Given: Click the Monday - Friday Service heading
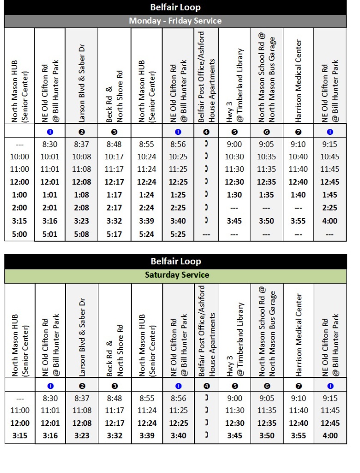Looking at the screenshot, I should [175, 21].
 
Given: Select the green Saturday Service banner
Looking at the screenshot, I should [175, 275].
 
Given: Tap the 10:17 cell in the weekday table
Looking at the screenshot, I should [114, 156].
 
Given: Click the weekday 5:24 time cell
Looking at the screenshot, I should [146, 234].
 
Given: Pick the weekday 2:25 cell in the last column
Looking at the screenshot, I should [330, 208].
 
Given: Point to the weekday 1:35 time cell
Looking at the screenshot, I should [267, 195].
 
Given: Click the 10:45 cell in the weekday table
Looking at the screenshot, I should [330, 156].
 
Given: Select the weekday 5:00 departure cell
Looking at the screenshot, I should [19, 234].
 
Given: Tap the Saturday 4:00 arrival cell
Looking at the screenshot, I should [330, 436].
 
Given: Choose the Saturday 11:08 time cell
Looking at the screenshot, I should [82, 410].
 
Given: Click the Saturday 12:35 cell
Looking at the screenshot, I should [267, 423].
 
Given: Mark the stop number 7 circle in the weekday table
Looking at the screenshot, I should [298, 132].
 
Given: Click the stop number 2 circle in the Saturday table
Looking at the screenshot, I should [82, 386].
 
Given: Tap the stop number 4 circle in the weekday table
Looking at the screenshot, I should [206, 132].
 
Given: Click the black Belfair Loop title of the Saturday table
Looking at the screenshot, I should [175, 261].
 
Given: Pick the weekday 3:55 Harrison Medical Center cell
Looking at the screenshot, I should [298, 221].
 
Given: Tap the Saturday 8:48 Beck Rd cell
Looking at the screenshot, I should [114, 398].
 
